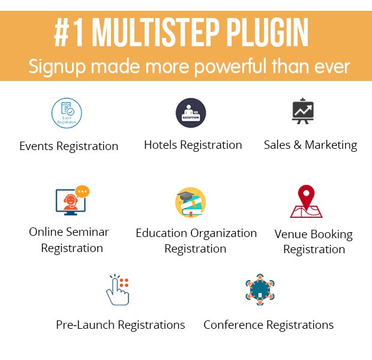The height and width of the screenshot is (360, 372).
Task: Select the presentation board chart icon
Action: [304, 112]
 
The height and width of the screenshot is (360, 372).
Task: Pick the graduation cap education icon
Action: [191, 203]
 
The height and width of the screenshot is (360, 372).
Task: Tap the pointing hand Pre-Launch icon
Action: [118, 289]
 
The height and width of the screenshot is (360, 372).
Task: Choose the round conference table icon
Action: [260, 289]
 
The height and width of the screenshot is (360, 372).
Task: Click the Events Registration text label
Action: [68, 146]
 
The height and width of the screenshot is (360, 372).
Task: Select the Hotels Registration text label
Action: [193, 145]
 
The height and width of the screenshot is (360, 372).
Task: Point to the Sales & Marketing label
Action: [310, 145]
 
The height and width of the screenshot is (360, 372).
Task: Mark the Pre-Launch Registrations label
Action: [120, 325]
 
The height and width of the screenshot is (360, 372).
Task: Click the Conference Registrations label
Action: [268, 325]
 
